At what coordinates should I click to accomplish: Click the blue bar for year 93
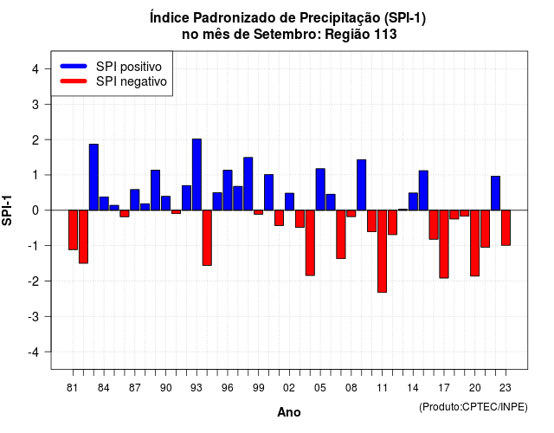(196, 175)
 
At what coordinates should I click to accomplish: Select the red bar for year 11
(383, 251)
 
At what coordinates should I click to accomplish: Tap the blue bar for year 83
(93, 177)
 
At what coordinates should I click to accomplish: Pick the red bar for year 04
(310, 242)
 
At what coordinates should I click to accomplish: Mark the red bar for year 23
(506, 228)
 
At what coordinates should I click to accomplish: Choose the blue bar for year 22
(496, 193)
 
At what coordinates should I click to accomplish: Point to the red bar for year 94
(207, 238)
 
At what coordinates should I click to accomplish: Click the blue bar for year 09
(362, 184)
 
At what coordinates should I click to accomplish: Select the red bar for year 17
(444, 244)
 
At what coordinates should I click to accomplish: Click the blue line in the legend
(74, 66)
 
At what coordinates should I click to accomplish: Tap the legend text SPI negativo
(132, 81)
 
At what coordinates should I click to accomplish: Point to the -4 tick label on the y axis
(35, 352)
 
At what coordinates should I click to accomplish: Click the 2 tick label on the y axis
(35, 140)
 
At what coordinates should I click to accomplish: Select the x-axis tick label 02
(289, 388)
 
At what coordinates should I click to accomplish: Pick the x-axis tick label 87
(135, 388)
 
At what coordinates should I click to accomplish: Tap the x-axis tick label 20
(475, 388)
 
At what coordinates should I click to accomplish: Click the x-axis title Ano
(289, 412)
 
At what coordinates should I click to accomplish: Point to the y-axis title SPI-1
(7, 210)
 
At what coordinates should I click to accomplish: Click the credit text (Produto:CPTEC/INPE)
(473, 407)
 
